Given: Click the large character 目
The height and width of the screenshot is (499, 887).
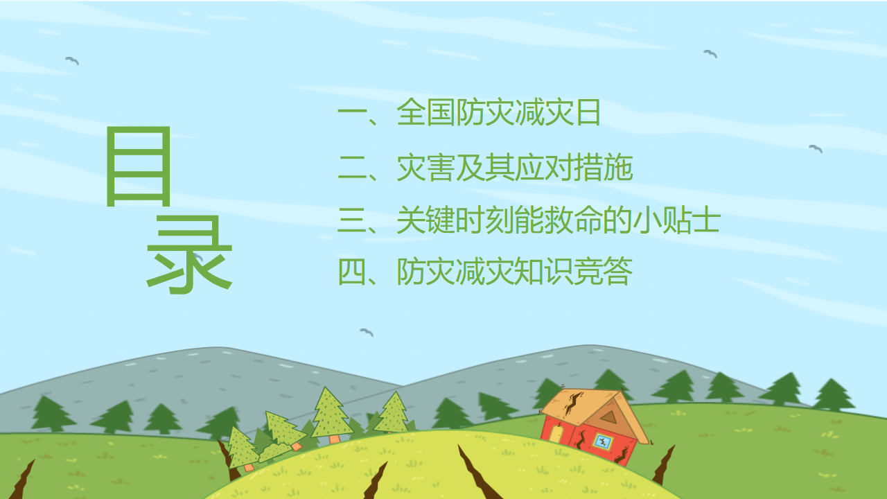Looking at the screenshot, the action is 139,166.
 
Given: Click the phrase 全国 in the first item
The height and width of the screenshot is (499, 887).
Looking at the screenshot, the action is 425,112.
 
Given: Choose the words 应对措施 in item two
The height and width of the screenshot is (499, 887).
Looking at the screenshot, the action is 573,168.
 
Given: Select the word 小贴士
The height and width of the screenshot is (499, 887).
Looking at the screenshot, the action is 676,220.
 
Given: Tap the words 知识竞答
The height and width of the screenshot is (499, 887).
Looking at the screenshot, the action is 573,271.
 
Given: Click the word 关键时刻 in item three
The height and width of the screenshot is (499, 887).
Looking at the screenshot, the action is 455,220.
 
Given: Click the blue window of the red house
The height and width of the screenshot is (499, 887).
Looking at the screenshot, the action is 603,441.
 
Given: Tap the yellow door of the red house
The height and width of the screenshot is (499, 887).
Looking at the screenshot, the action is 556,434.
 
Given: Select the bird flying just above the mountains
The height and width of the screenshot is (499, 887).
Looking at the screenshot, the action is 367,332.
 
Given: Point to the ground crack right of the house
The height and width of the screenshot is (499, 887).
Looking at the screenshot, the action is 664,464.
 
